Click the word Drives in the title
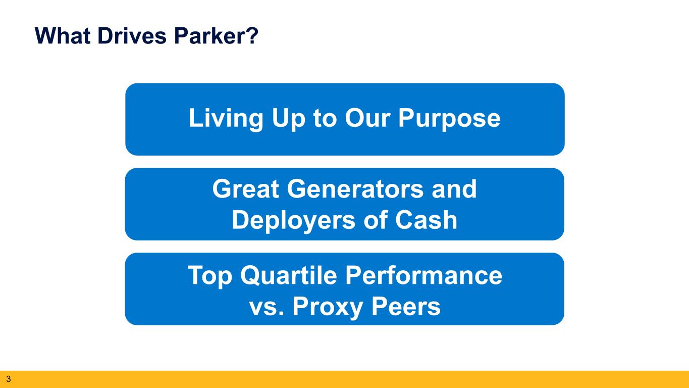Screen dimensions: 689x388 [132, 36]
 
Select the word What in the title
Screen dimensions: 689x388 [63, 36]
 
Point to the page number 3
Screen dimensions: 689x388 [8, 379]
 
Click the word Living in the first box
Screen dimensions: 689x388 [226, 119]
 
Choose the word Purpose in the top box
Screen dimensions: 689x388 [449, 119]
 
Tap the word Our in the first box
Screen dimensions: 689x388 [368, 118]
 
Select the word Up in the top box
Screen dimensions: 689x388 [288, 119]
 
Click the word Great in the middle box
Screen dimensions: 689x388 [245, 189]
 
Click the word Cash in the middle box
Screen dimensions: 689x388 [426, 220]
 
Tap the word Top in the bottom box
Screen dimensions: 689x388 [210, 276]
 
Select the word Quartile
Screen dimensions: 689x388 [289, 275]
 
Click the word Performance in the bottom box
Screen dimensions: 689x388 [424, 275]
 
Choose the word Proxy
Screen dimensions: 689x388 [328, 307]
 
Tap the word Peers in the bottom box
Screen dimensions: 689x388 [406, 306]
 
